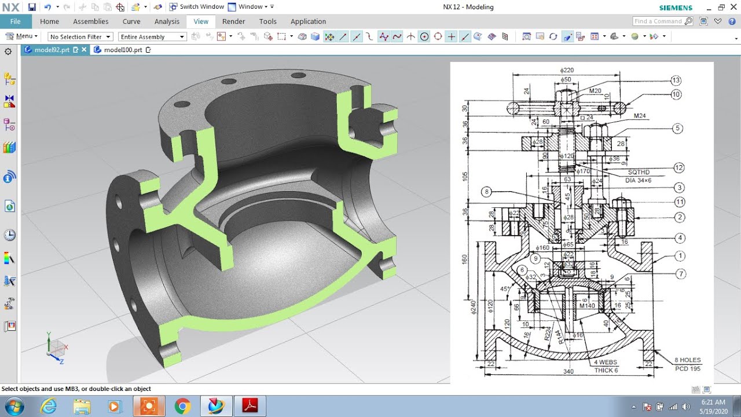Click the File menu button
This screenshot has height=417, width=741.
pyautogui.click(x=16, y=21)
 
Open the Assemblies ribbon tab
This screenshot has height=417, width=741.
pyautogui.click(x=90, y=21)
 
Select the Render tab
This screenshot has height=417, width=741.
pyautogui.click(x=233, y=21)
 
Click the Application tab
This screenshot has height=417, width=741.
pyautogui.click(x=308, y=21)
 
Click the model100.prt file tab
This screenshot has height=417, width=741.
pyautogui.click(x=123, y=50)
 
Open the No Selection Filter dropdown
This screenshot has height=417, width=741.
pyautogui.click(x=80, y=36)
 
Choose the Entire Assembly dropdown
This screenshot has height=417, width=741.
pyautogui.click(x=152, y=36)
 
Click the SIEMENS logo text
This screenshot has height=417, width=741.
pyautogui.click(x=676, y=8)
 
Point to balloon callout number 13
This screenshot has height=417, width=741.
pyautogui.click(x=676, y=81)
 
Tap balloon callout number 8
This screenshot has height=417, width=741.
pyautogui.click(x=486, y=192)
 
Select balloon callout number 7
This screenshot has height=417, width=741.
pyautogui.click(x=680, y=273)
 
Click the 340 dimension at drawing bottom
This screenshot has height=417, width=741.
pyautogui.click(x=568, y=371)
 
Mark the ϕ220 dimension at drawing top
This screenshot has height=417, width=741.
pyautogui.click(x=566, y=70)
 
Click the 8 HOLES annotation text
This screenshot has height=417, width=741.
pyautogui.click(x=687, y=360)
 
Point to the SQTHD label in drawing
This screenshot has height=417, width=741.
pyautogui.click(x=639, y=172)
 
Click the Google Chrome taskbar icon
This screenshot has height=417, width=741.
pyautogui.click(x=182, y=406)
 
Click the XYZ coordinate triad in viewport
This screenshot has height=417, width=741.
pyautogui.click(x=57, y=349)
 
